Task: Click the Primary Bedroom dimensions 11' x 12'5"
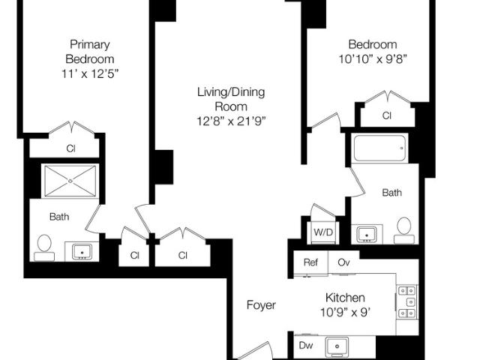pyautogui.click(x=90, y=73)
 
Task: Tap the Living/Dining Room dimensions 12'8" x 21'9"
pyautogui.click(x=230, y=121)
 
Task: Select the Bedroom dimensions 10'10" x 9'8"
pyautogui.click(x=373, y=58)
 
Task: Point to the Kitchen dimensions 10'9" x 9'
pyautogui.click(x=345, y=313)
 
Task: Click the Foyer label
pyautogui.click(x=261, y=305)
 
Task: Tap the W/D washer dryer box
pyautogui.click(x=323, y=232)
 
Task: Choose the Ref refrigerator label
pyautogui.click(x=310, y=262)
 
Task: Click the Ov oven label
pyautogui.click(x=343, y=262)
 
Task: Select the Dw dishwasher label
pyautogui.click(x=306, y=345)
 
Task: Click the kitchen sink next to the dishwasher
pyautogui.click(x=337, y=346)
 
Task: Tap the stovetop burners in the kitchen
pyautogui.click(x=406, y=302)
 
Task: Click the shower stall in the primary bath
pyautogui.click(x=70, y=181)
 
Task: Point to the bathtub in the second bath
pyautogui.click(x=380, y=148)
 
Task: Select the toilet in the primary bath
pyautogui.click(x=44, y=247)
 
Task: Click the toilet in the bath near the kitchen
pyautogui.click(x=404, y=230)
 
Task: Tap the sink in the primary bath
pyautogui.click(x=82, y=252)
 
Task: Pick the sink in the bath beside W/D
pyautogui.click(x=367, y=235)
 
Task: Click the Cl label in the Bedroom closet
pyautogui.click(x=387, y=115)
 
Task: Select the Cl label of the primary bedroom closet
pyautogui.click(x=70, y=148)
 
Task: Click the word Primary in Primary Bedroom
pyautogui.click(x=90, y=45)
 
